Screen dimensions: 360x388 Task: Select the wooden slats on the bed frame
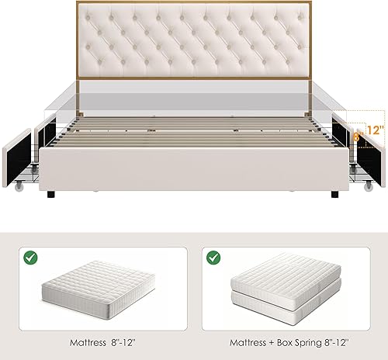point(194,128)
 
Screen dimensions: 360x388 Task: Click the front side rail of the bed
point(194,167)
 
